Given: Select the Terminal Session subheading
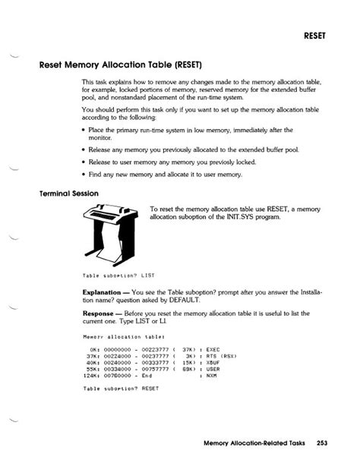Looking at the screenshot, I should coord(69,193).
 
